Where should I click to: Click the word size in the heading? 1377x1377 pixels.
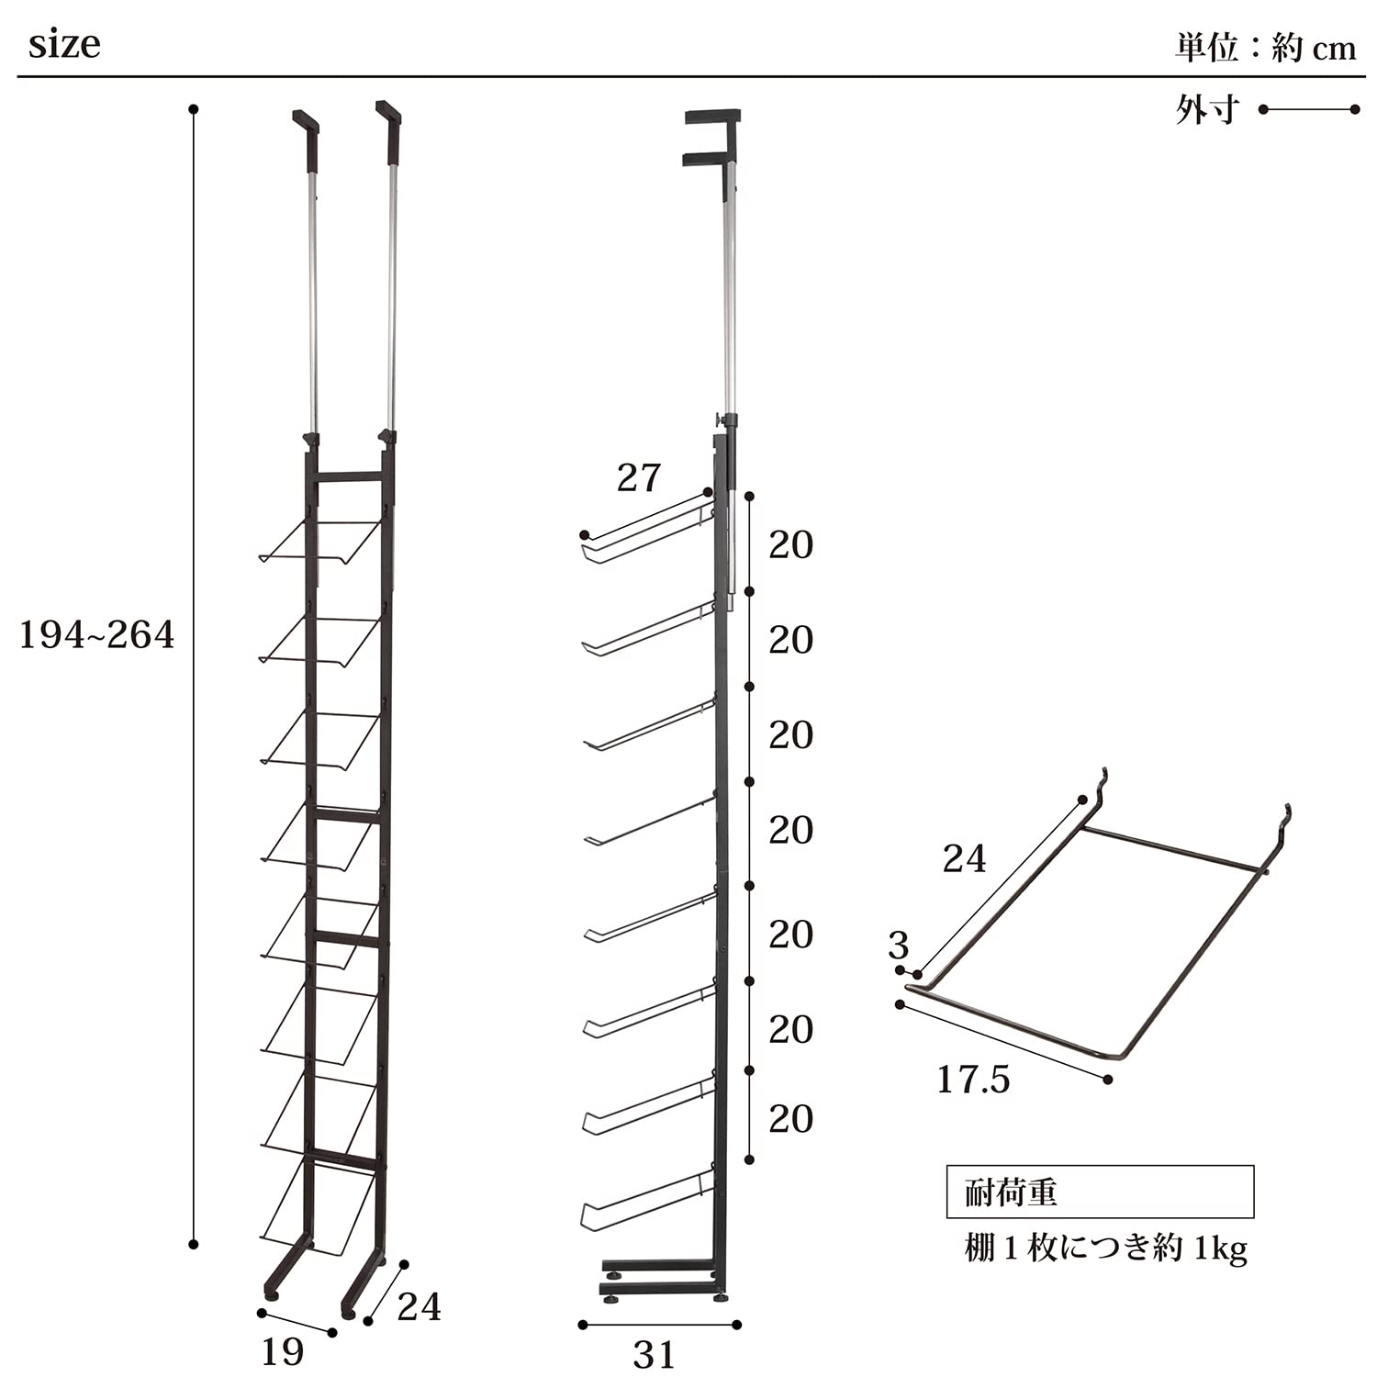64,45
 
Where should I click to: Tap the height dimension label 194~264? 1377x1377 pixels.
96,635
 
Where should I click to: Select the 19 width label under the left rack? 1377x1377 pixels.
283,1351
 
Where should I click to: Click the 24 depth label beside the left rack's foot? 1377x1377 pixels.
420,1306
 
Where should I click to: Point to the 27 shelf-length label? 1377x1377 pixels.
639,477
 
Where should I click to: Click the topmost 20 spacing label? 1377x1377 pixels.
791,545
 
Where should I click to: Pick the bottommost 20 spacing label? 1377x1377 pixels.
791,1119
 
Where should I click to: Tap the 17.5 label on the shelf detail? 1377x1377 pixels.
973,1080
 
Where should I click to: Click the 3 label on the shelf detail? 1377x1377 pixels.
899,946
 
